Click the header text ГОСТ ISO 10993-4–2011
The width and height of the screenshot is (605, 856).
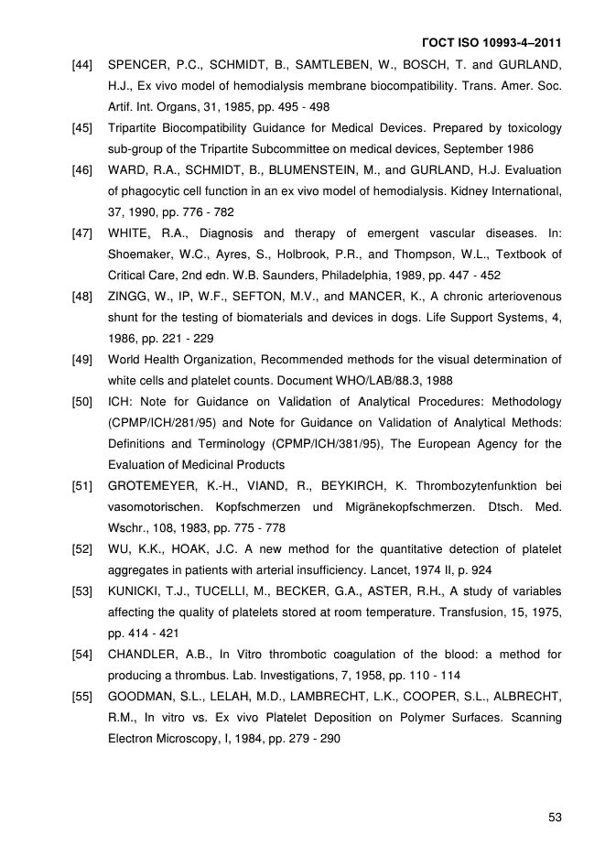click(492, 43)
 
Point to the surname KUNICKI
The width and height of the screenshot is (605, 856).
click(136, 591)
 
